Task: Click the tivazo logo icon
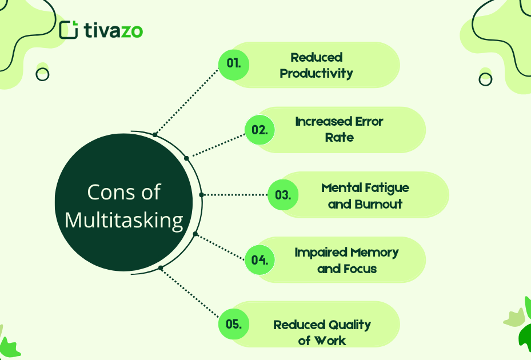click(68, 30)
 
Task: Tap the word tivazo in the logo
click(113, 30)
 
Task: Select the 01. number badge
click(234, 63)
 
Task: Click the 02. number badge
click(259, 130)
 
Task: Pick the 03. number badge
click(283, 195)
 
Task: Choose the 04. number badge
click(259, 260)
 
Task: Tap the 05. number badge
click(234, 325)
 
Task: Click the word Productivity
click(316, 73)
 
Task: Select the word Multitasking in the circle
click(124, 220)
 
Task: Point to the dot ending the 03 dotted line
click(201, 195)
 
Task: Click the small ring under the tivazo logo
click(42, 74)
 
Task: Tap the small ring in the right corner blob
click(485, 79)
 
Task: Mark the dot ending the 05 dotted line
click(161, 268)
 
